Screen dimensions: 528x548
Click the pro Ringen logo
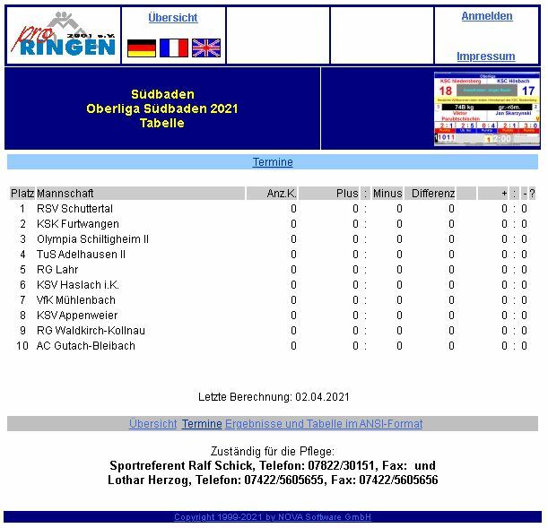64,36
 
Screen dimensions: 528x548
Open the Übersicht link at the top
172,18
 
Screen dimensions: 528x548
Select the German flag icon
142,48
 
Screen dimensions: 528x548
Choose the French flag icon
174,48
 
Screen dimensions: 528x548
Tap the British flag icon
206,48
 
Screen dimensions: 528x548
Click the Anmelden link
487,16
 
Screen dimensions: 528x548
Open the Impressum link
485,56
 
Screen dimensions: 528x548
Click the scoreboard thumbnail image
486,108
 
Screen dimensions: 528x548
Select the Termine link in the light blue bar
273,162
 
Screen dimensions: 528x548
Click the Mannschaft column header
65,194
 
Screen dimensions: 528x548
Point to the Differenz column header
433,194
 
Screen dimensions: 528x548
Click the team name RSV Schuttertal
74,209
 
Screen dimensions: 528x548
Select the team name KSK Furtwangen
77,224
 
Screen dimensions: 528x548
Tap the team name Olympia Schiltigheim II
92,239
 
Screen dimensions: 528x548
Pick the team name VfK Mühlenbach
76,300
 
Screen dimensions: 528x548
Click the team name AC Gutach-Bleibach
86,346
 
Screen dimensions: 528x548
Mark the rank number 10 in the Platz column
22,346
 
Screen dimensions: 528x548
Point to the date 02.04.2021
322,397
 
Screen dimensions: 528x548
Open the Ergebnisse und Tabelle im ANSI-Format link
324,424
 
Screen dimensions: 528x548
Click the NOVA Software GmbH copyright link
273,517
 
